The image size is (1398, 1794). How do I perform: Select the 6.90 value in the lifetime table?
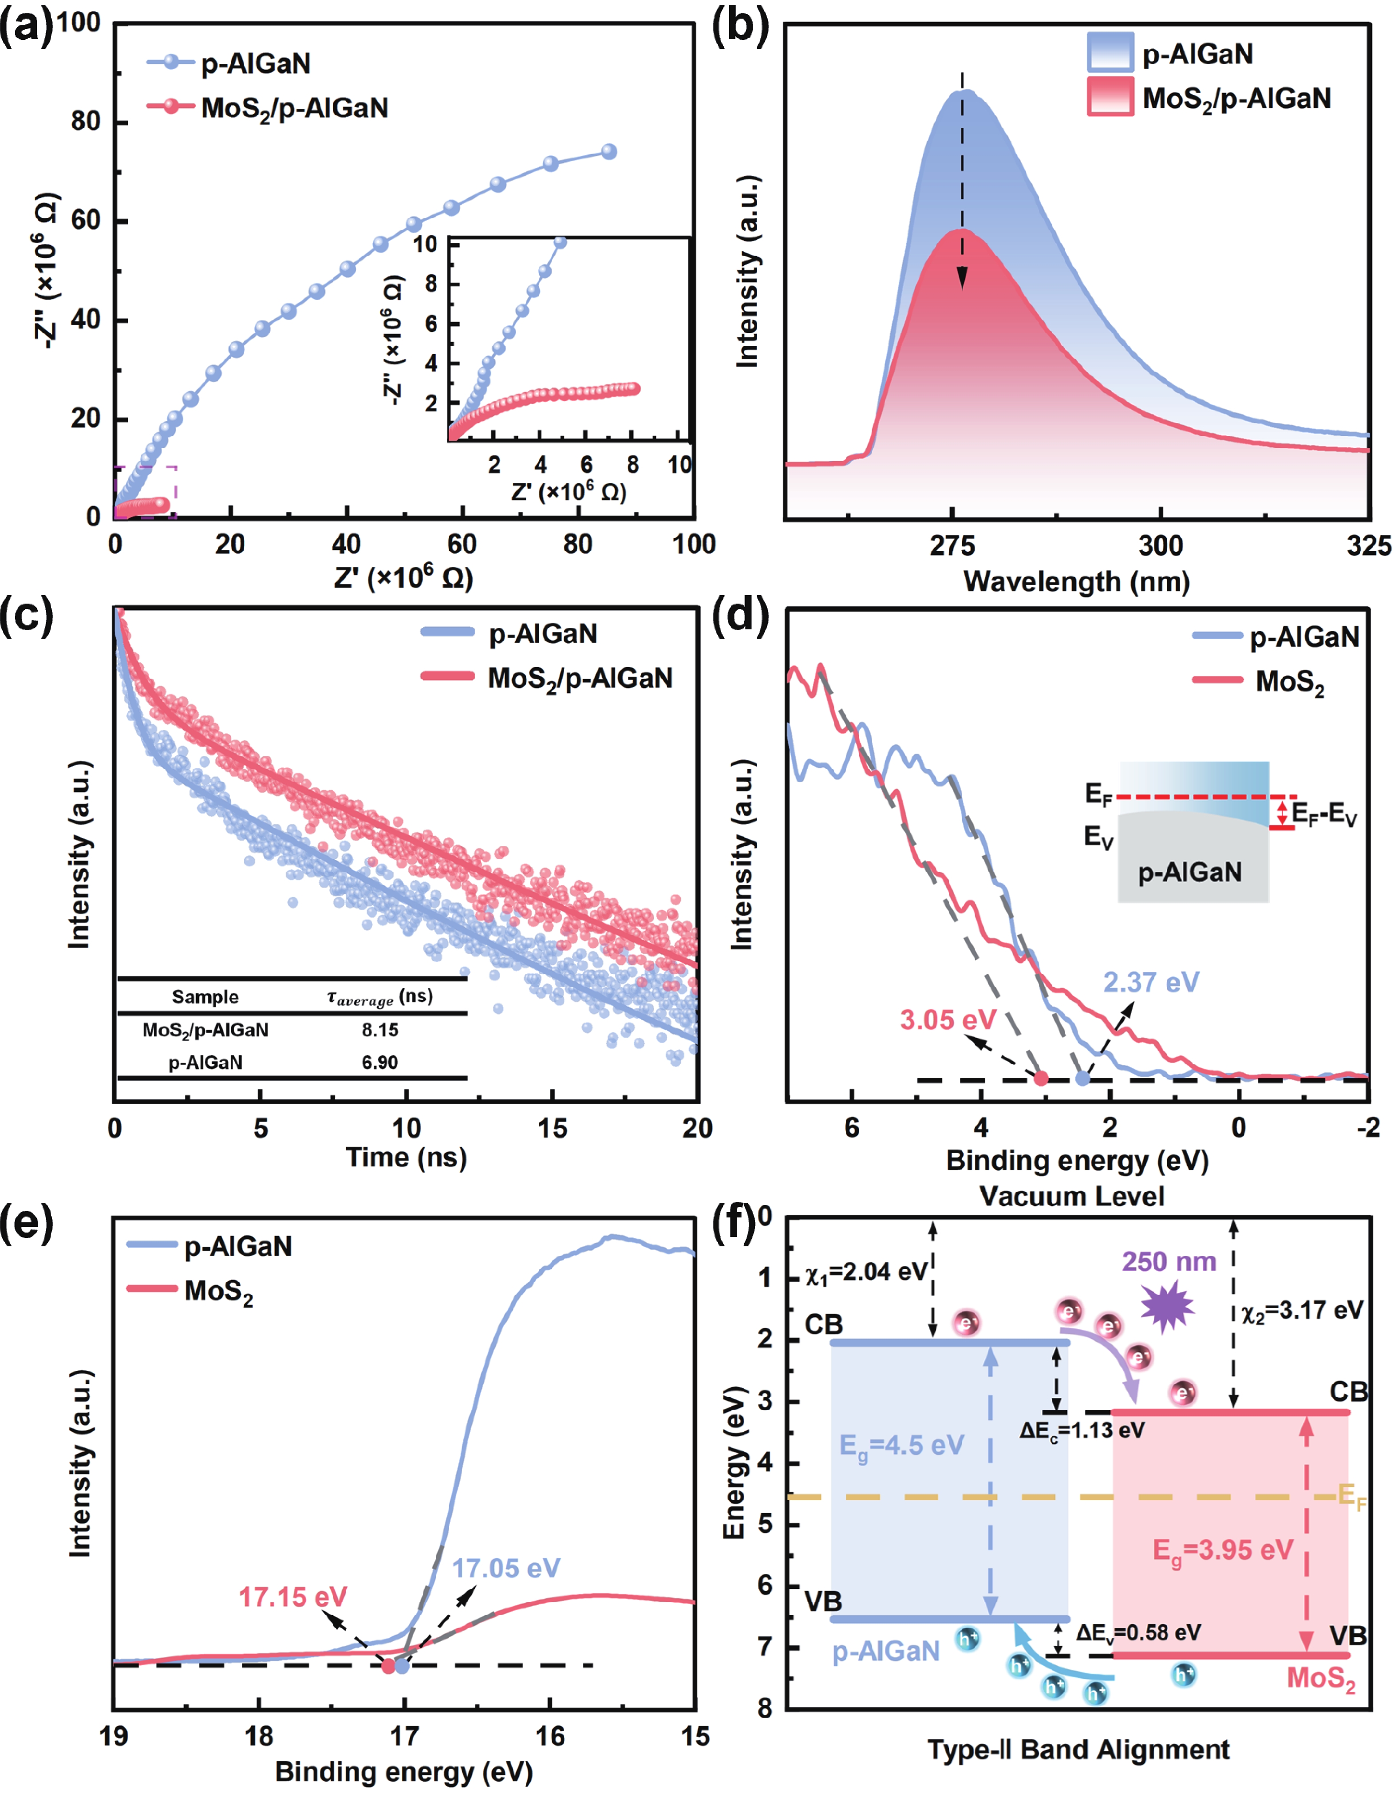point(379,1062)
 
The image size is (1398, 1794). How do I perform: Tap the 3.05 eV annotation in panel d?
point(948,1020)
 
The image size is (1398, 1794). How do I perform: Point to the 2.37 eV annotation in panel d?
point(1151,982)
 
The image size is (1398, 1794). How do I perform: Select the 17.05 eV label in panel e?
point(506,1568)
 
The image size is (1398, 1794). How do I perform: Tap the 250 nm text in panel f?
point(1169,1262)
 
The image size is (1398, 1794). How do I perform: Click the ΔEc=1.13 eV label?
point(1082,1430)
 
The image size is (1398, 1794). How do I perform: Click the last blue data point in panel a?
point(608,152)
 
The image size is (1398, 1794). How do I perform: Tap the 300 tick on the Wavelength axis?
point(1161,545)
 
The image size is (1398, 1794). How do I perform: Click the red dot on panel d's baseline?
point(1041,1079)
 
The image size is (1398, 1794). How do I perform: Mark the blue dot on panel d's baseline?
point(1082,1079)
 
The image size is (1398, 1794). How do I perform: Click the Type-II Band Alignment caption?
point(1078,1750)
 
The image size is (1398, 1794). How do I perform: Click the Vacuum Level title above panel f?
point(1072,1196)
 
